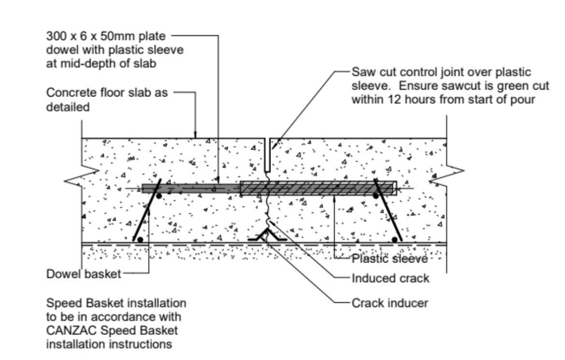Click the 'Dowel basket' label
[x=84, y=275]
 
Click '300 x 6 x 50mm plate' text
[x=105, y=35]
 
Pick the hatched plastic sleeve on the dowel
[x=317, y=188]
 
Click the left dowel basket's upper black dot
[x=158, y=196]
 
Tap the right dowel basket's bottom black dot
[x=395, y=239]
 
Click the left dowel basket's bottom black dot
[x=140, y=239]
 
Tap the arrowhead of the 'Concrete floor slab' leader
[x=195, y=136]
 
